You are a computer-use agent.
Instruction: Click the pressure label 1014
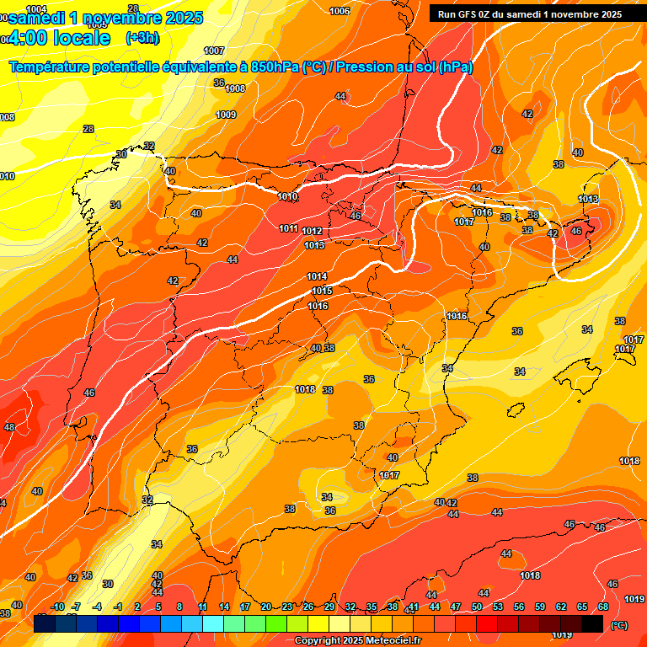pos(317,276)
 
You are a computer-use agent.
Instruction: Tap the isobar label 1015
pos(321,291)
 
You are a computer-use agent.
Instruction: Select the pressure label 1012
pos(312,231)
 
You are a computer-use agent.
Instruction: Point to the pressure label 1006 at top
pos(340,11)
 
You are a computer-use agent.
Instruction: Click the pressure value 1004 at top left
pos(37,9)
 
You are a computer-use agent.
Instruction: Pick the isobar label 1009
pos(226,115)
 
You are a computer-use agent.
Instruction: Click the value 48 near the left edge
pos(9,428)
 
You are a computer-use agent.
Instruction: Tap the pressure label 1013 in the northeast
pos(588,199)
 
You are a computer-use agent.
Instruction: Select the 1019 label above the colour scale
pos(635,599)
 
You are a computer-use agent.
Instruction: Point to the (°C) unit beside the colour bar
pos(618,624)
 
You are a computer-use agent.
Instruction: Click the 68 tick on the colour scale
pos(603,607)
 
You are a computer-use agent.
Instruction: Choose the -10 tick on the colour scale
pos(57,607)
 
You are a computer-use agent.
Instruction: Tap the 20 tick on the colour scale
pos(266,607)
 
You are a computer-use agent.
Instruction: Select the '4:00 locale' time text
pos(60,38)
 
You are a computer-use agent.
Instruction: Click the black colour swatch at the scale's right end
pos(592,623)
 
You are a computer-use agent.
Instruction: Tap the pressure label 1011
pos(288,228)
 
